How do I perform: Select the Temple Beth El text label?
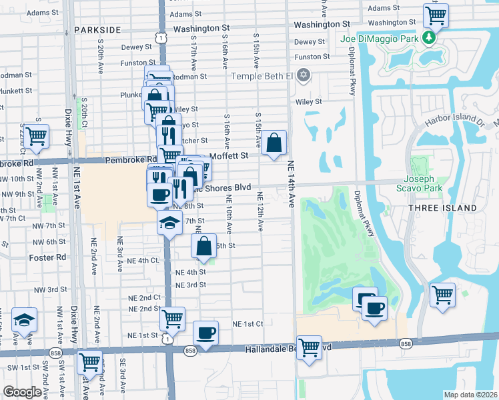click(x=262, y=75)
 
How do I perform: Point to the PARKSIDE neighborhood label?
click(x=97, y=30)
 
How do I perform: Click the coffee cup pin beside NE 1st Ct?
click(x=205, y=332)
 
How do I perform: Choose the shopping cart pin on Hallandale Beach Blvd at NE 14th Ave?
click(x=309, y=347)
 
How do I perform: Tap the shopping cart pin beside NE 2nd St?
click(x=173, y=319)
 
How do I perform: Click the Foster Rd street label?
click(x=47, y=257)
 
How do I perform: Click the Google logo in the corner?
click(x=23, y=392)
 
